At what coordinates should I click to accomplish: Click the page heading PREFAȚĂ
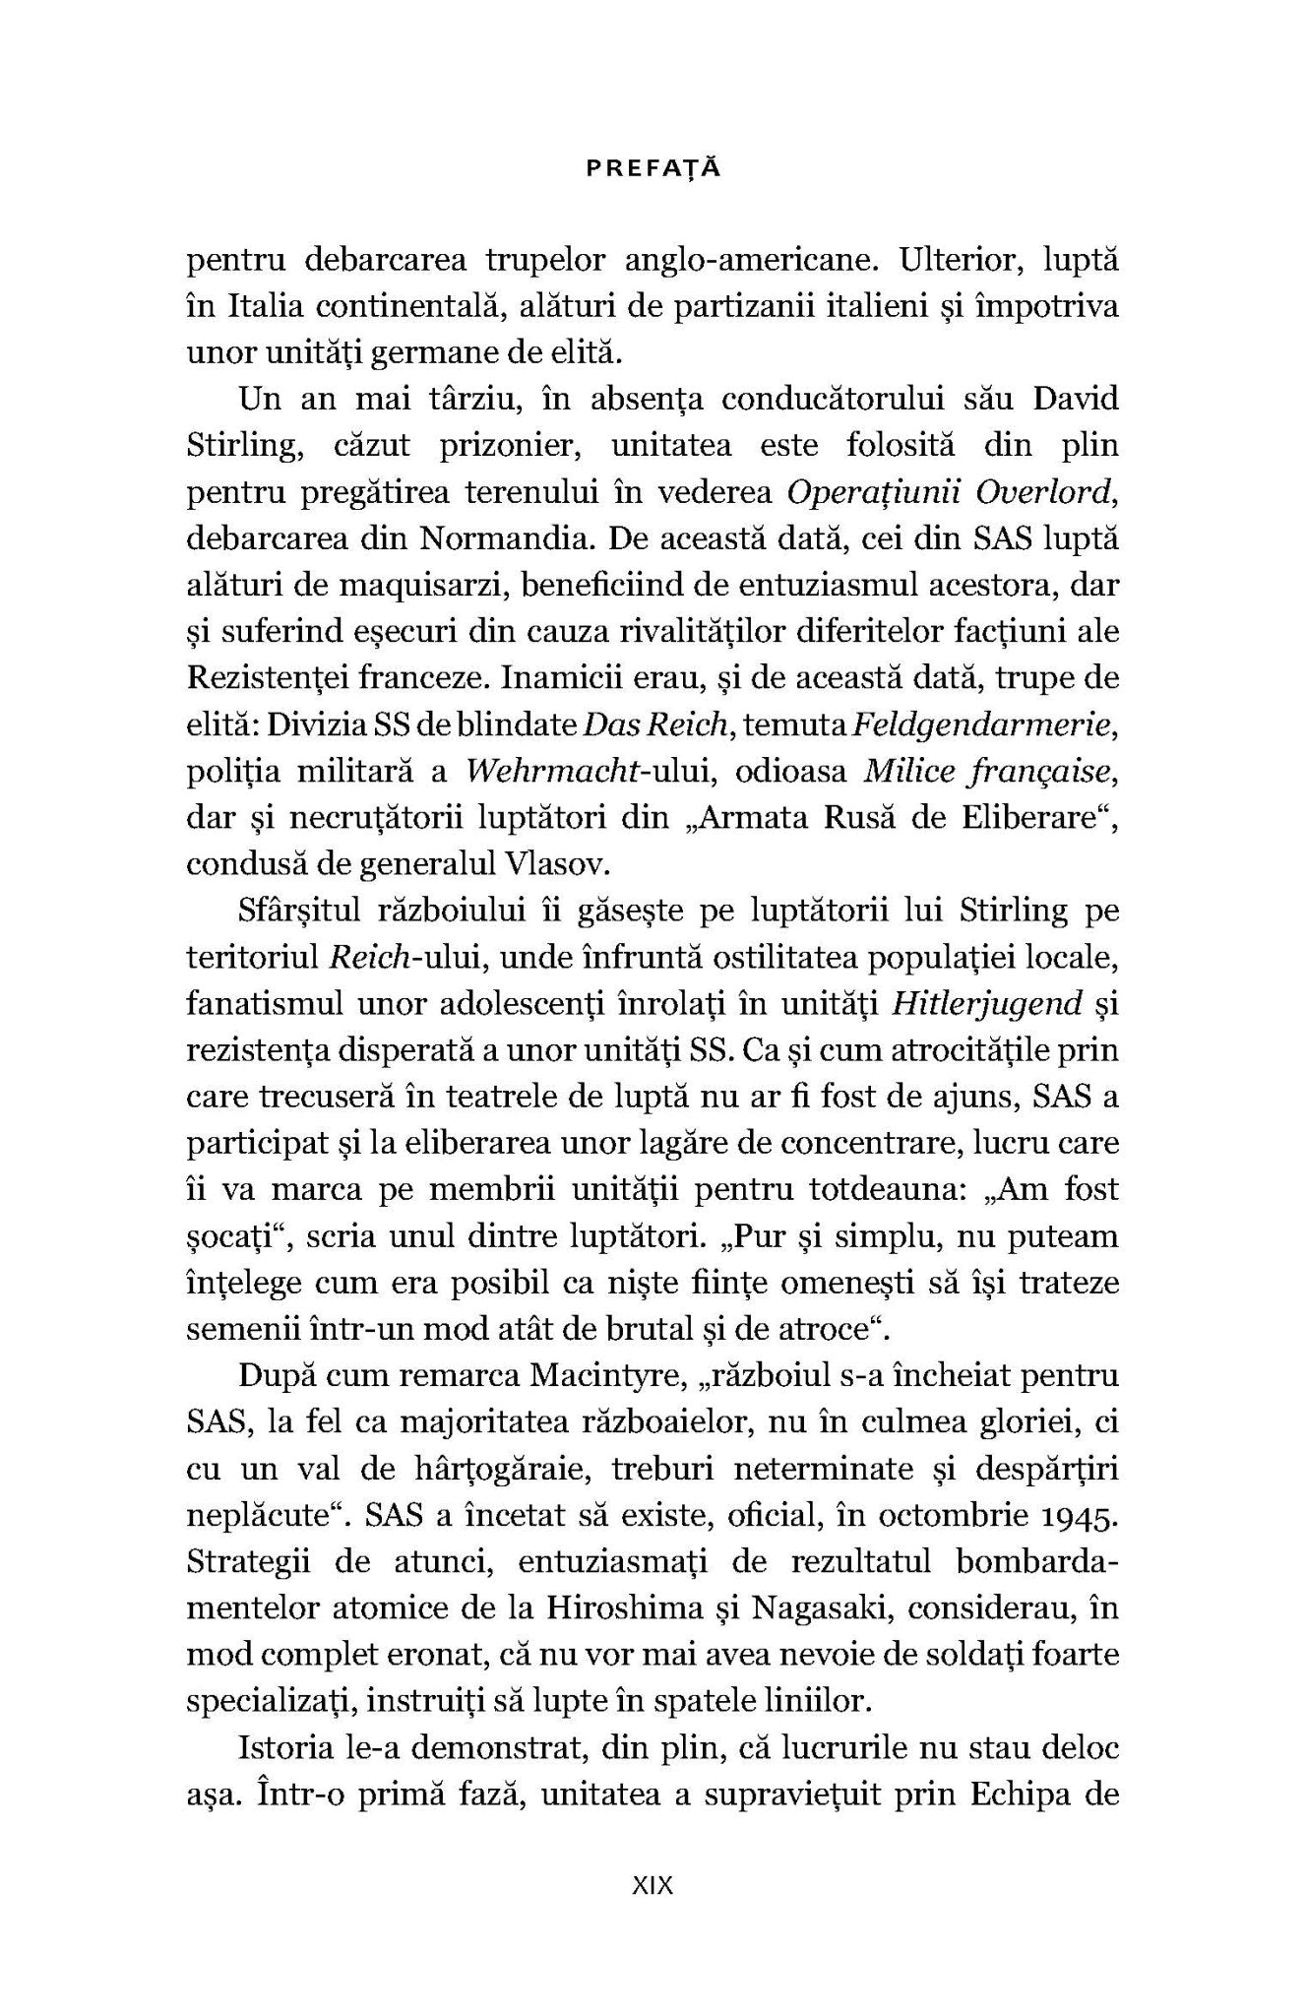653,168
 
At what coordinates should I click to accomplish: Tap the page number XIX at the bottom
652,1885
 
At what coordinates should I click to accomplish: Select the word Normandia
504,539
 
